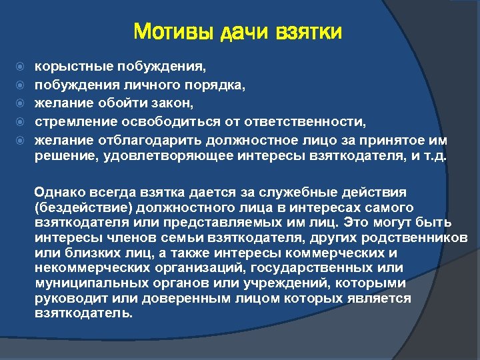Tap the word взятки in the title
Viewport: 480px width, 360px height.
309,31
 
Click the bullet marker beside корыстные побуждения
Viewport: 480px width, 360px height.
20,67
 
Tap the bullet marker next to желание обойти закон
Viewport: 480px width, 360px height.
20,104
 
